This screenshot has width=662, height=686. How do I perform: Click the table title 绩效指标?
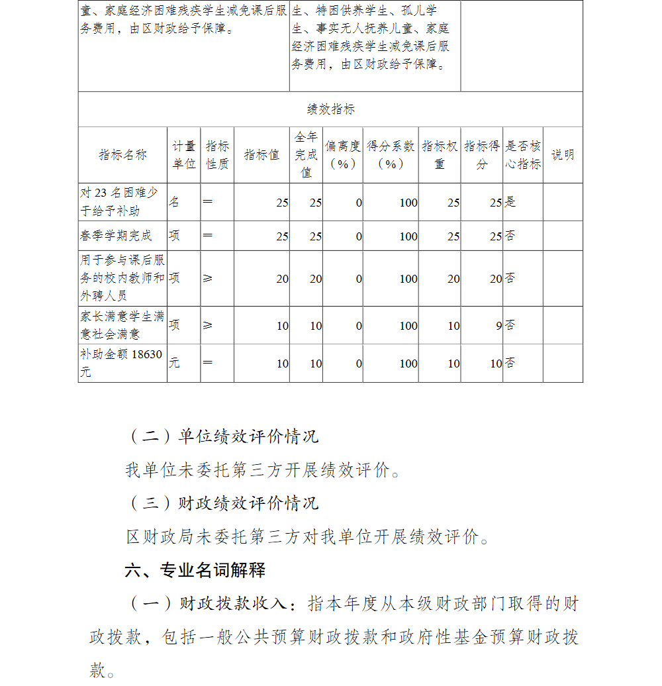pos(330,110)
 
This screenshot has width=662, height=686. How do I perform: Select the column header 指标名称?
pos(122,155)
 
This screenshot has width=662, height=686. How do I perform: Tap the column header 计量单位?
pos(184,155)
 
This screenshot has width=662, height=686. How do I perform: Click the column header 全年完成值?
pos(306,155)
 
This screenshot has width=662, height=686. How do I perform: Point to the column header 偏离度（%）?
pos(342,155)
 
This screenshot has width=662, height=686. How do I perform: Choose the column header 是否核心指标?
pos(523,155)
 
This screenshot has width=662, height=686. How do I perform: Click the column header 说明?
pos(563,155)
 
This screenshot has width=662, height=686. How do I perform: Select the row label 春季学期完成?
pos(116,236)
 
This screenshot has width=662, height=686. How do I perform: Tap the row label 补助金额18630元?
pos(121,363)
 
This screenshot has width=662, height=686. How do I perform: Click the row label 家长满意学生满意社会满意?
pos(122,325)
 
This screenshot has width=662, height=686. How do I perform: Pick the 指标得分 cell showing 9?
pos(498,326)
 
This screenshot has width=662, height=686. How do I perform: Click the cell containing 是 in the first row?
pos(510,202)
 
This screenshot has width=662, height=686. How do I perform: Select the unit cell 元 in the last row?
pos(174,363)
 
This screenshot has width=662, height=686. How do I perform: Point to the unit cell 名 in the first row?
pos(174,202)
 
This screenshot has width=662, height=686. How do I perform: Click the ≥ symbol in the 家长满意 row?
pos(208,326)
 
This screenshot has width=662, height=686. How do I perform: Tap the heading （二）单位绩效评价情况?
pos(222,436)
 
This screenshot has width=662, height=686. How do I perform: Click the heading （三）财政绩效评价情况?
pos(222,503)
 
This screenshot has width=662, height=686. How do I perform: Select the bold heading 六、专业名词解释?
pos(195,569)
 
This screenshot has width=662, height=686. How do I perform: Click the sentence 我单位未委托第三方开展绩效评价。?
pos(263,470)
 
